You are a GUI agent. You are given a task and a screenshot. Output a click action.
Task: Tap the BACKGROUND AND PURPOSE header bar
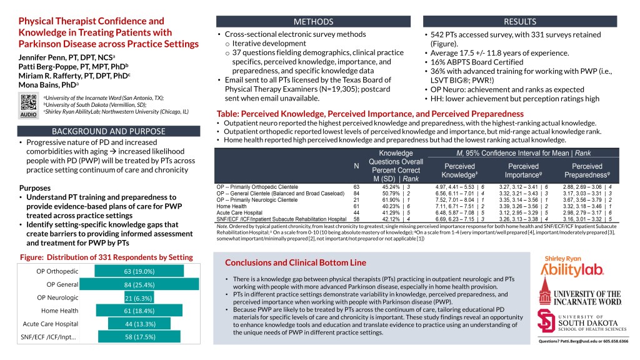coord(108,131)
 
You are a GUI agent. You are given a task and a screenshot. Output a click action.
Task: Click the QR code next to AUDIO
coord(28,102)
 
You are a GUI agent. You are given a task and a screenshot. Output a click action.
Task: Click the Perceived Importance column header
coord(524,171)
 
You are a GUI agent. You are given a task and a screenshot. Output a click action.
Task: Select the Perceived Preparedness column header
coord(587,171)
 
